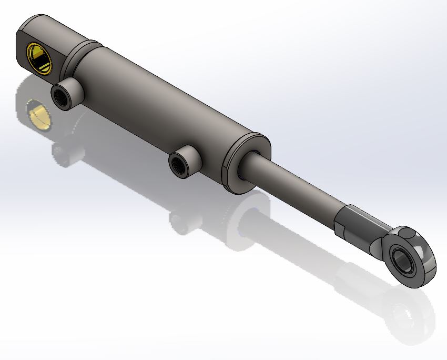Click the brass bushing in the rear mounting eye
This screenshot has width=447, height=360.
40,57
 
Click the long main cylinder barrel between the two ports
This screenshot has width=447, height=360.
158,105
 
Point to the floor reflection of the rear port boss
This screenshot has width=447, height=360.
63,153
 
